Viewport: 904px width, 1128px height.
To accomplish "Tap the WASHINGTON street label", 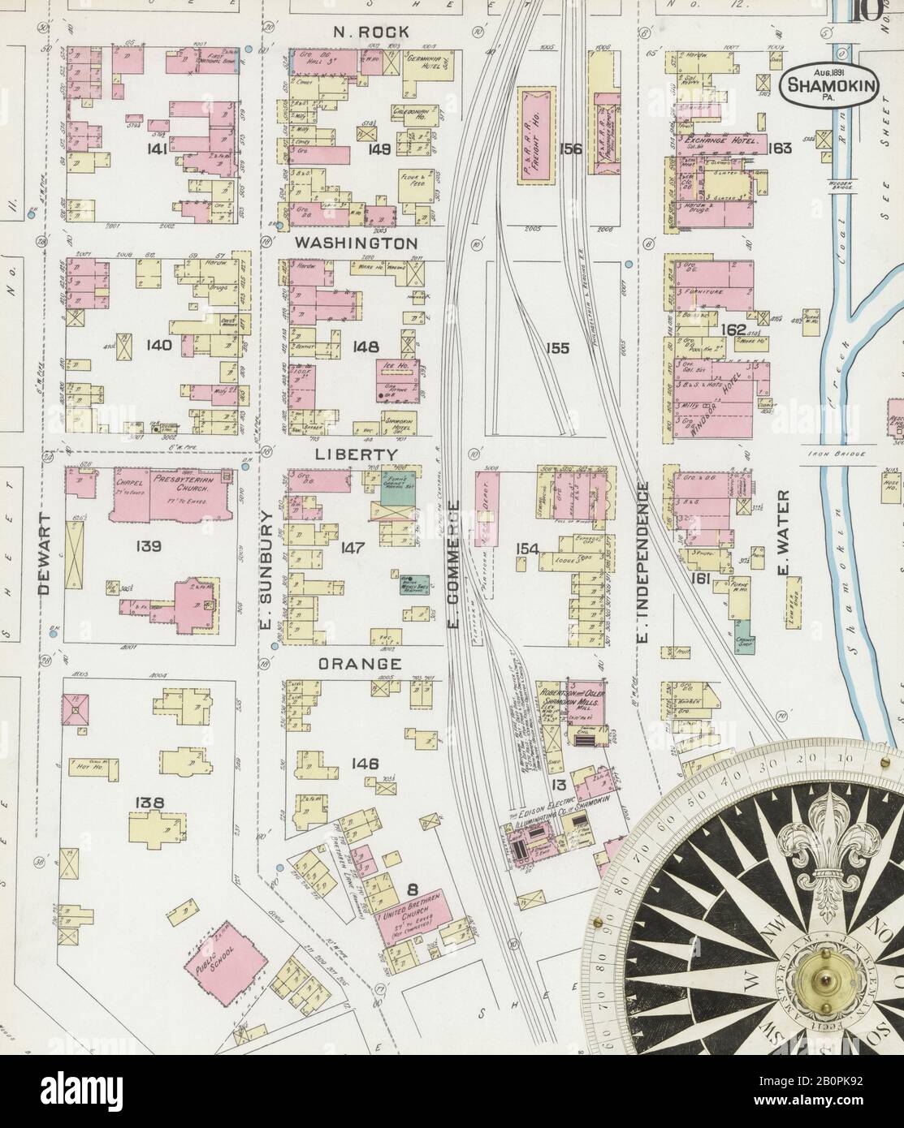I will coord(356,243).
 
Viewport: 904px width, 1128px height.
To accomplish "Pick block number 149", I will coord(378,149).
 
